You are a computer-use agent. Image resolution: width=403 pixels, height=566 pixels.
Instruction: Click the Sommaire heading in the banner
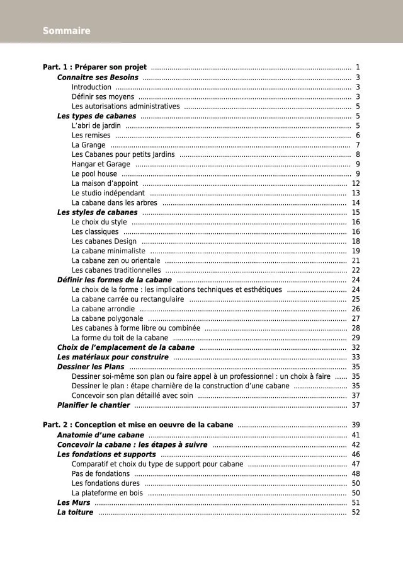coord(67,31)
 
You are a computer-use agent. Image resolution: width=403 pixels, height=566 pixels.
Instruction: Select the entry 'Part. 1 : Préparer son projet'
coord(94,67)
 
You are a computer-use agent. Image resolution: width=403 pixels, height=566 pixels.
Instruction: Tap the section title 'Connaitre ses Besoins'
coord(98,78)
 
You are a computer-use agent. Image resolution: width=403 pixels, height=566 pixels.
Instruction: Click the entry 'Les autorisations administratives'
coord(125,107)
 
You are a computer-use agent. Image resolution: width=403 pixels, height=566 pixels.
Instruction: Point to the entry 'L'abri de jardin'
coord(96,126)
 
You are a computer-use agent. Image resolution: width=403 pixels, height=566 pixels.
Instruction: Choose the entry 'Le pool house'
coord(94,174)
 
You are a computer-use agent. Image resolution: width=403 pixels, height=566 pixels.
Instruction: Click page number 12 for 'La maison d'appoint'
coord(356,183)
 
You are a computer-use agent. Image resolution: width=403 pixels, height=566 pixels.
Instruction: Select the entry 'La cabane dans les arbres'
coord(115,203)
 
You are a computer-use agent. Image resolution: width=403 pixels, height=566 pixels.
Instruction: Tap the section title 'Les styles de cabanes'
coord(97,212)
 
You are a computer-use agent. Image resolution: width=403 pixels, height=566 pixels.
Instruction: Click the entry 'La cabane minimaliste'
coord(108,251)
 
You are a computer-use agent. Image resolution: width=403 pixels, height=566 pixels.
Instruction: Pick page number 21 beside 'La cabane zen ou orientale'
coord(356,260)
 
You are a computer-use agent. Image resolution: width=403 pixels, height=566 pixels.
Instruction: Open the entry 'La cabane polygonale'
coord(107,318)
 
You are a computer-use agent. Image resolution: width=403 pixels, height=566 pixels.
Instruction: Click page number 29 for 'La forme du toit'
coord(356,338)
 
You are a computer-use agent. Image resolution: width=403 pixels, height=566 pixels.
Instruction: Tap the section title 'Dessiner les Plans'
coord(91,367)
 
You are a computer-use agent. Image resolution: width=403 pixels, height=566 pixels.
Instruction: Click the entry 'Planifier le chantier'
coord(93,405)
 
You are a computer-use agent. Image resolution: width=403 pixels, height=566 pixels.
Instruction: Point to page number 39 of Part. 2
coord(356,425)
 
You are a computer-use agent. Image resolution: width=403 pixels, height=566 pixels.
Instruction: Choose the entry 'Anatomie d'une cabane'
coord(101,435)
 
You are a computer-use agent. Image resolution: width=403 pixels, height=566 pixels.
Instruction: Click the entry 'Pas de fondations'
coord(101,474)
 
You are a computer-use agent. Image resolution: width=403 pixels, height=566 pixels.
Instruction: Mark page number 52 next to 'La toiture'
coord(356,512)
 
